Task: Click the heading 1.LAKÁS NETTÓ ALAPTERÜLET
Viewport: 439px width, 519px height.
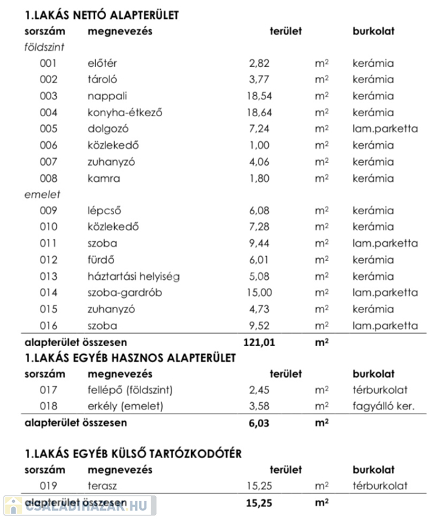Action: [x=102, y=14]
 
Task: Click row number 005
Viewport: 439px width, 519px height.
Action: [x=49, y=128]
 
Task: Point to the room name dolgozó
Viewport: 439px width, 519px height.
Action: [x=108, y=128]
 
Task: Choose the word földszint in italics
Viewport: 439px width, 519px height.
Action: [x=44, y=47]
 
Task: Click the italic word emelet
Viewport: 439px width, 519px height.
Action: [x=39, y=195]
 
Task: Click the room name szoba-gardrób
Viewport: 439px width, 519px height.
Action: [x=125, y=293]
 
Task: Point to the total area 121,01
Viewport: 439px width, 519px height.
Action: [x=259, y=343]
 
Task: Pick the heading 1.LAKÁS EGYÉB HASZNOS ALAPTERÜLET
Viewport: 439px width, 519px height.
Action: [x=130, y=358]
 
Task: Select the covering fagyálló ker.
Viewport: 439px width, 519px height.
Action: [x=383, y=406]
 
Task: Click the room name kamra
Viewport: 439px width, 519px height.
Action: [x=103, y=178]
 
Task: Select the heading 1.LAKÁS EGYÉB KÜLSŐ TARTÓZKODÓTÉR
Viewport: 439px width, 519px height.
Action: [x=132, y=453]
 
